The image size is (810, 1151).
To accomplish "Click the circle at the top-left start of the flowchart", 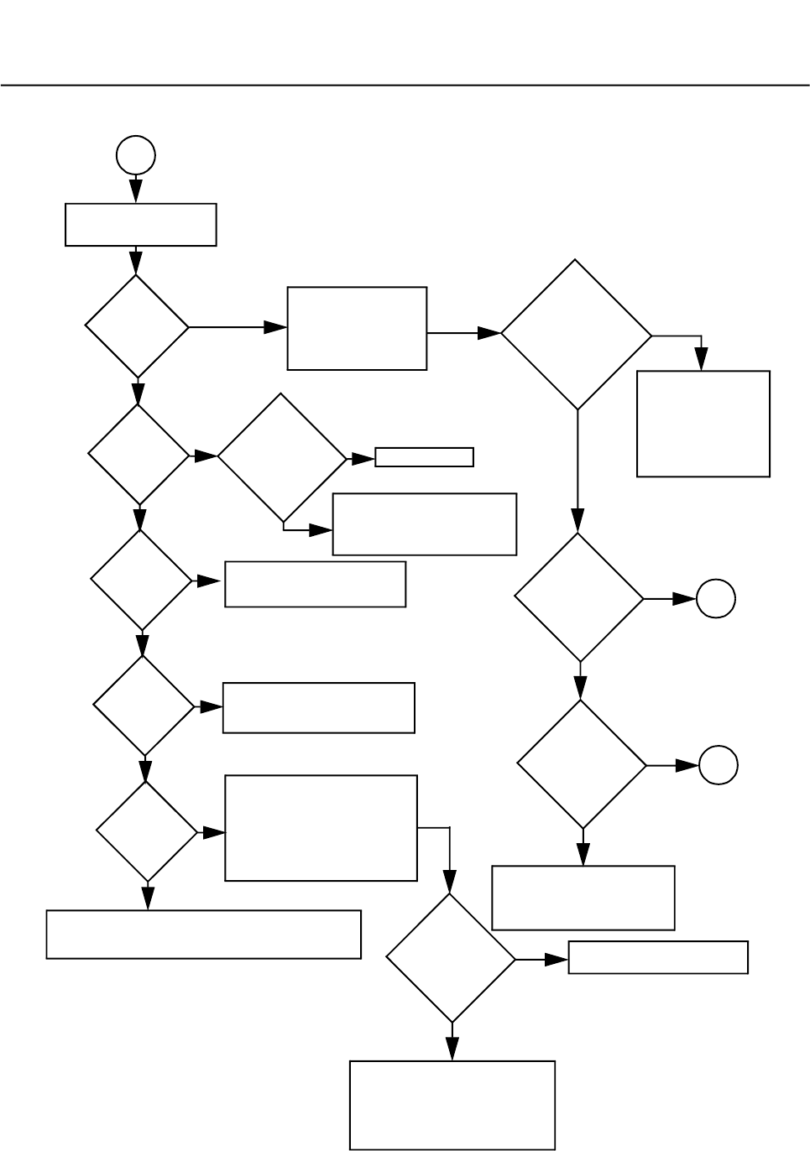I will coord(136,156).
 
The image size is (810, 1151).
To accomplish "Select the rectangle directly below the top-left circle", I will coord(141,224).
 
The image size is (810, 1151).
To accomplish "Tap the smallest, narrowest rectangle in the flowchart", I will coord(424,457).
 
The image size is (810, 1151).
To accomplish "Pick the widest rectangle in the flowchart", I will coord(204,934).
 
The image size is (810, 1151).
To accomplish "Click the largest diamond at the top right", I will coord(577,335).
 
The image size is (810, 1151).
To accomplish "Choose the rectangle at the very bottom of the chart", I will coord(452,1105).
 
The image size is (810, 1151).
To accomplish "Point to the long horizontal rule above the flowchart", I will coord(405,85).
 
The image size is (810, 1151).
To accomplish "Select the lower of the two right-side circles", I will coord(719,765).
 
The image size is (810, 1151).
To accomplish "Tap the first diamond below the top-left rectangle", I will coord(138,326).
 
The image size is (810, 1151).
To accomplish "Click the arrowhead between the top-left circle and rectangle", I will coord(136,190).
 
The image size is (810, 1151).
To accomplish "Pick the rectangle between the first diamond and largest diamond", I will coord(357,328).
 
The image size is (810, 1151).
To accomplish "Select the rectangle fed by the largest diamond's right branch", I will coord(703,424).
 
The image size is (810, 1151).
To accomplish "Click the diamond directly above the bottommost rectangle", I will coord(451,958).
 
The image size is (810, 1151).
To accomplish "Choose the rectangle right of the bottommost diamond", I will coord(658,957).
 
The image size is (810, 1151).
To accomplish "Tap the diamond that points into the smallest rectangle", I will coord(282,458).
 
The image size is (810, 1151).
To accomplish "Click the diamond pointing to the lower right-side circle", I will coord(582,764).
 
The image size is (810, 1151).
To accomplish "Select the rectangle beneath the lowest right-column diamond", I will coord(583,898).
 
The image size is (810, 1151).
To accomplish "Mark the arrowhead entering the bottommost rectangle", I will coord(452,1049).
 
